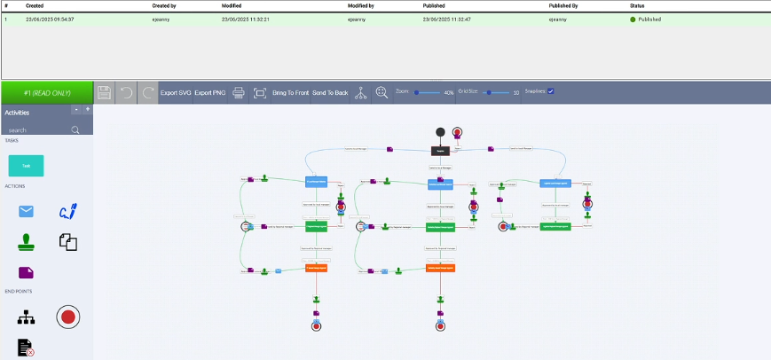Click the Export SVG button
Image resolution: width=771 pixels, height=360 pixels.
coord(176,92)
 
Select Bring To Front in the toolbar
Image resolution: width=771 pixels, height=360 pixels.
coord(291,92)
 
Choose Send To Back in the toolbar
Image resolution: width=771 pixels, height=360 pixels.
coord(330,92)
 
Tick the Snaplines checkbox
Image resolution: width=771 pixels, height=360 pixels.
coord(551,91)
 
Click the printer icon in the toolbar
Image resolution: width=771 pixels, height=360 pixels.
coord(239,92)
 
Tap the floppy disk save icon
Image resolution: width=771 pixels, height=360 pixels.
coord(104,92)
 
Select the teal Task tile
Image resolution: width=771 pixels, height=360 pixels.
coord(26,166)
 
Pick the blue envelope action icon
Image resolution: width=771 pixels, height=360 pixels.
coord(26,211)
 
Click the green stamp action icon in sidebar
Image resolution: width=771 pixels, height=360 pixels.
coord(26,240)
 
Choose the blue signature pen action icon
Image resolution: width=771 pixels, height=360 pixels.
coord(67,211)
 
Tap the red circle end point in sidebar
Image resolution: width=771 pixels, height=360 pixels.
coord(67,316)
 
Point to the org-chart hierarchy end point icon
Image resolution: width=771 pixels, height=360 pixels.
coord(26,317)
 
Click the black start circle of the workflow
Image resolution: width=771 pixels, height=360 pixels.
coord(440,133)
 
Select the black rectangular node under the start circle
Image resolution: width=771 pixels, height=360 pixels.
coord(440,151)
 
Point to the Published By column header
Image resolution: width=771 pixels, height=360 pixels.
coord(568,5)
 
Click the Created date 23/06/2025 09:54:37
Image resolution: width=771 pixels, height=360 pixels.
coord(50,19)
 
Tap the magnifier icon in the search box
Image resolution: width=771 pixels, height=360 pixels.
coord(75,129)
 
